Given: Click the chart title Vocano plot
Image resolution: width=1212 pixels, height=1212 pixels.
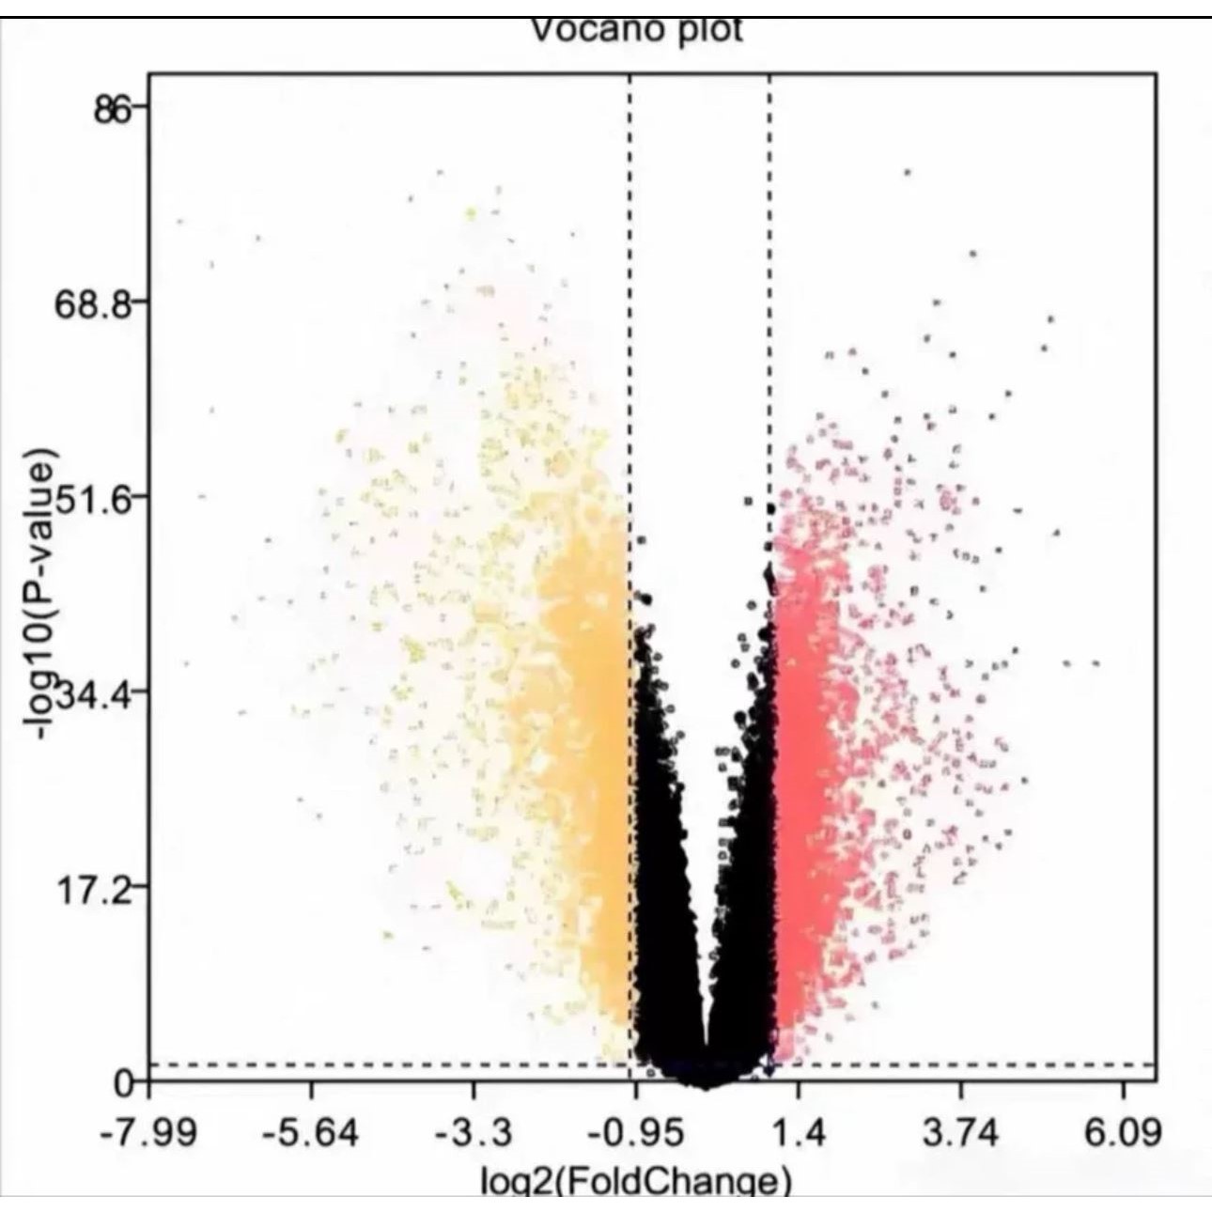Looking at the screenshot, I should [x=636, y=30].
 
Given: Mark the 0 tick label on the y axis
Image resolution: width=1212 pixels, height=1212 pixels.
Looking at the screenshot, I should [x=123, y=1083].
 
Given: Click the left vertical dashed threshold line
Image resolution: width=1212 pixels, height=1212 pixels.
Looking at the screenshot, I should [x=629, y=282].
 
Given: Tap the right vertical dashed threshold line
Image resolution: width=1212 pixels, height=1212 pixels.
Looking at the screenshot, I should [x=769, y=282].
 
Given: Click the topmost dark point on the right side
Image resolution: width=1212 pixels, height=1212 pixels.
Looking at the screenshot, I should [x=907, y=173].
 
